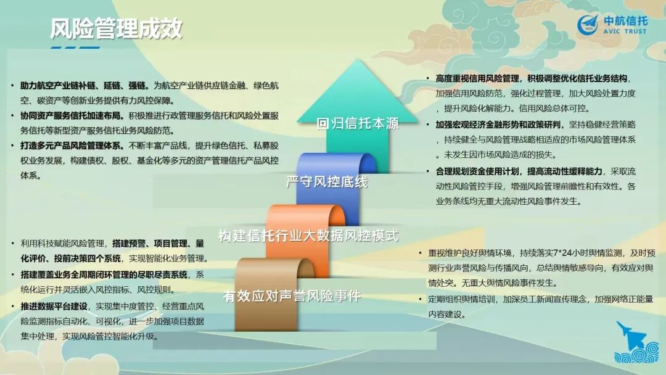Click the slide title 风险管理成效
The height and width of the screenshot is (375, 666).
(x=115, y=28)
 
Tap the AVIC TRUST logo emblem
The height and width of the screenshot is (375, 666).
(x=588, y=25)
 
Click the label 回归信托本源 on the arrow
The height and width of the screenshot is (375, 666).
(x=358, y=123)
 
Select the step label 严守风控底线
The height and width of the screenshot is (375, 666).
(x=327, y=182)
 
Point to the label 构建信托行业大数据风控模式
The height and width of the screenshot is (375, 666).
(x=308, y=236)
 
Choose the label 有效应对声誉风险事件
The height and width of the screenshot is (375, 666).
(x=292, y=295)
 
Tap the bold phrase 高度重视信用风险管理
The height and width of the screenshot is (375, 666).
(x=477, y=78)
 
